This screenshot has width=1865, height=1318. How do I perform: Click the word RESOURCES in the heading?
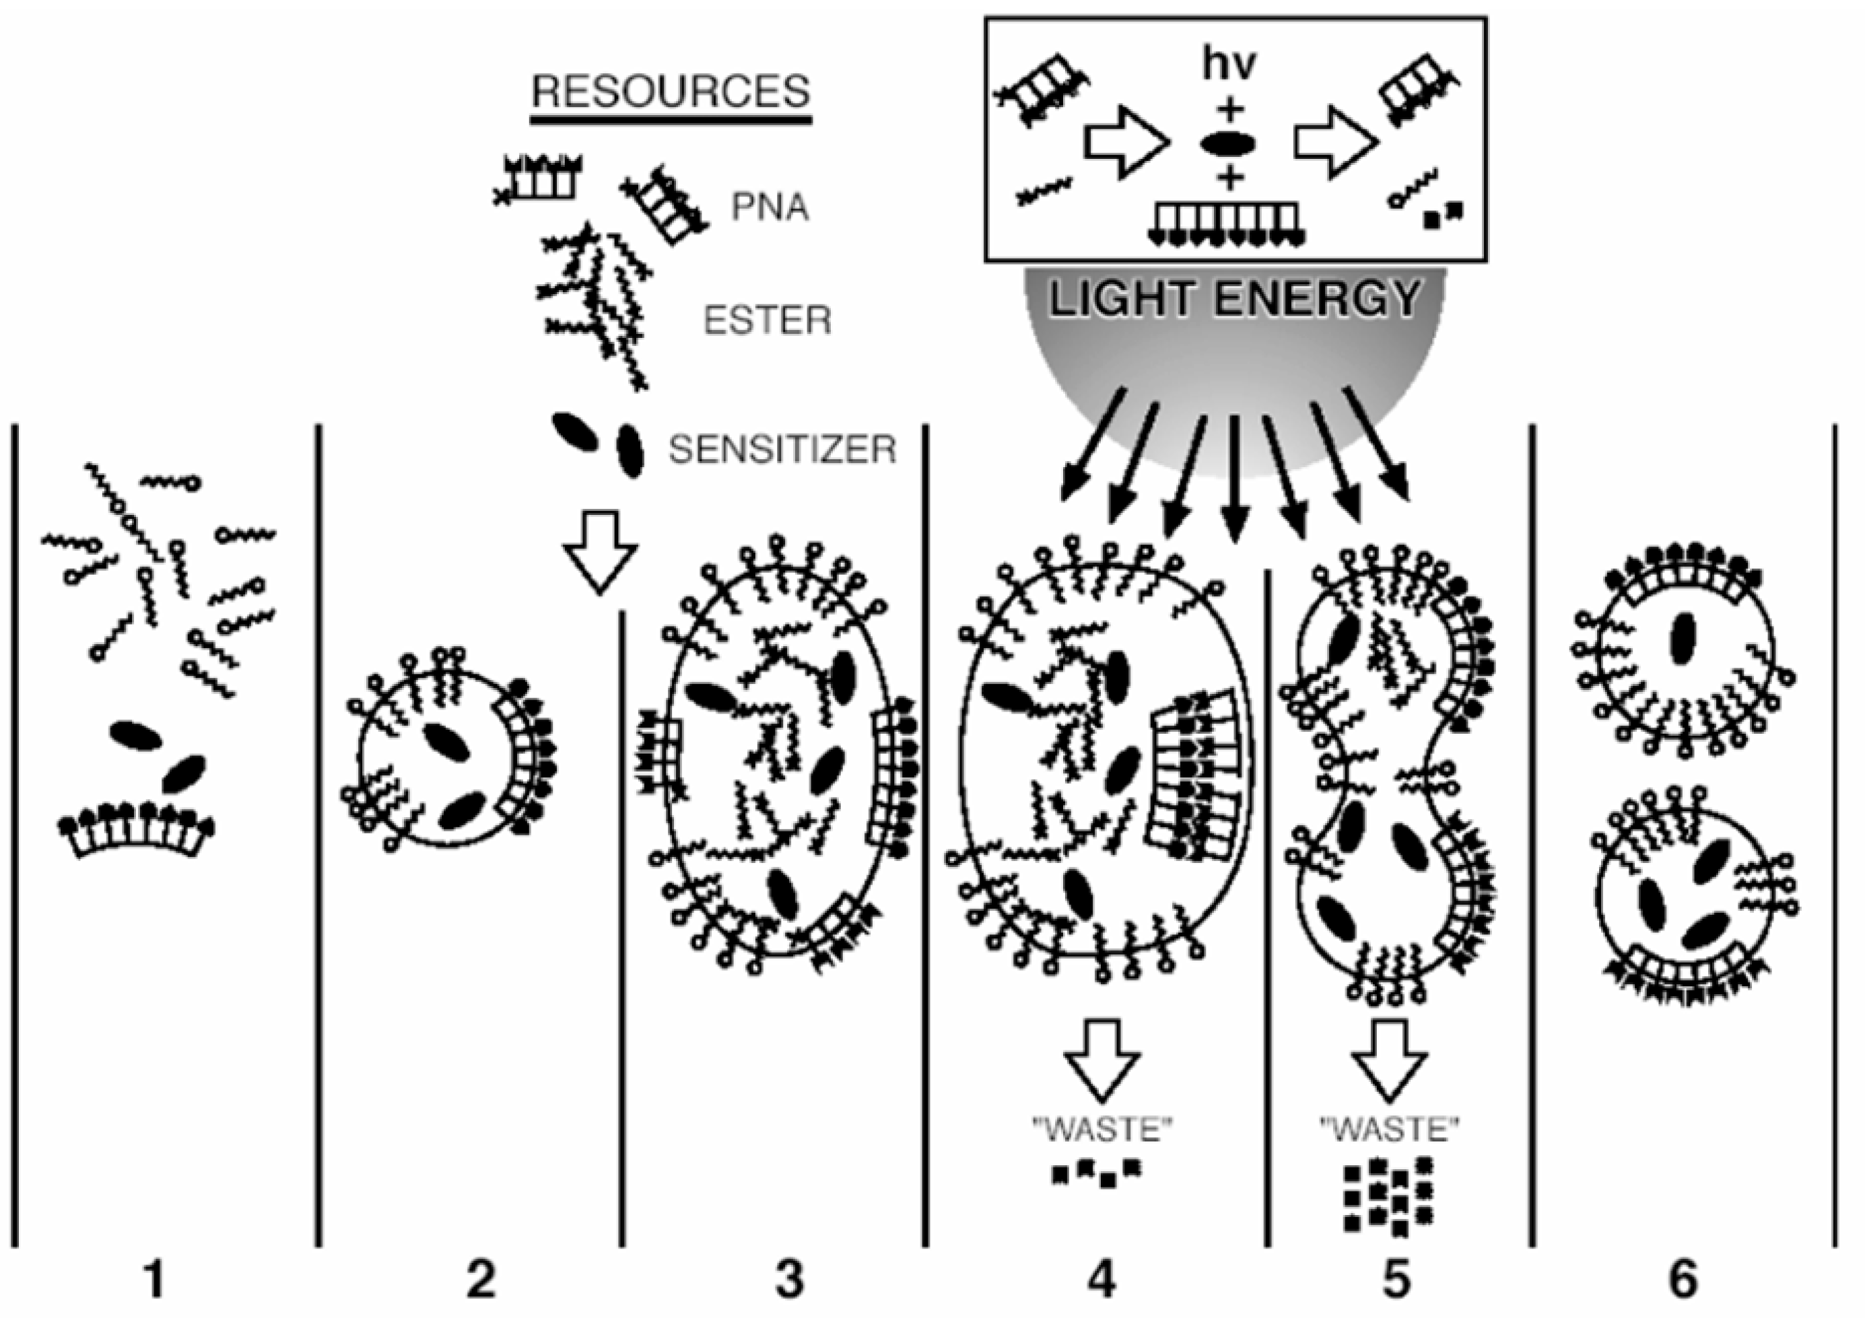tap(671, 92)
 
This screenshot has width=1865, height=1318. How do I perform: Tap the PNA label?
tap(770, 207)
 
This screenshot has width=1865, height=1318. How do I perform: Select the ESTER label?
tap(767, 321)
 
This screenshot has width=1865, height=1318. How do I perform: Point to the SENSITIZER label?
tap(782, 449)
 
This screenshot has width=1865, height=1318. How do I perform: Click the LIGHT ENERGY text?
tap(1235, 299)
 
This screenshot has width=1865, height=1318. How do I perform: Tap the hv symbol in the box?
tap(1229, 63)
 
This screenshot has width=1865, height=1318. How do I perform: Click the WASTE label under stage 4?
tap(1101, 1130)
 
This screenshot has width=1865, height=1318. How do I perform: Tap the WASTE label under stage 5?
tap(1389, 1130)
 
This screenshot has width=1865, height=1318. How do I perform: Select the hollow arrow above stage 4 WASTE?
tap(1102, 1060)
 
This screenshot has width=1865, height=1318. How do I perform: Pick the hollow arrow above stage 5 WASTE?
tap(1390, 1060)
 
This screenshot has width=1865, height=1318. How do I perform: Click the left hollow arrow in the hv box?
tap(1125, 142)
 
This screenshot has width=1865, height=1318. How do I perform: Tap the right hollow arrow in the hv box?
tap(1334, 142)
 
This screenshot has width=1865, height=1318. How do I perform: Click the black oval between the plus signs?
tap(1228, 145)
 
